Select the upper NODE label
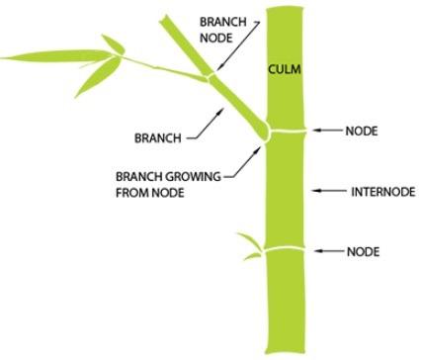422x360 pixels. click(363, 130)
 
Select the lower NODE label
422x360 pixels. click(363, 251)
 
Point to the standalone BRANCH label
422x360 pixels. click(156, 136)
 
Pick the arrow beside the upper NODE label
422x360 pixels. click(328, 130)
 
